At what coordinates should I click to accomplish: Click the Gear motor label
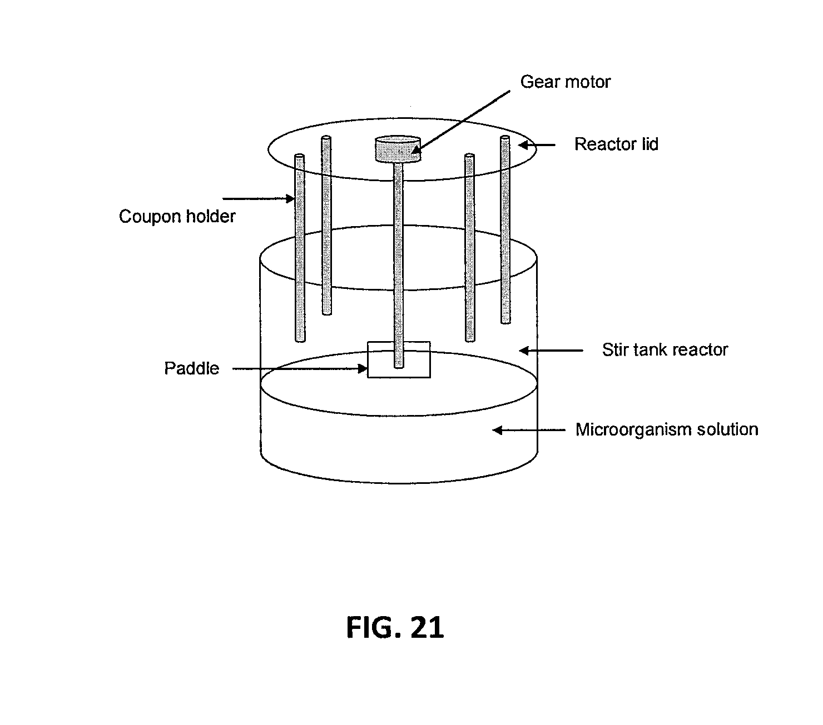tap(565, 82)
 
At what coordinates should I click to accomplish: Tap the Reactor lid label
tap(616, 144)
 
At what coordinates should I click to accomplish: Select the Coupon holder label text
tap(177, 216)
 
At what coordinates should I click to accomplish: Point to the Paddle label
tap(191, 368)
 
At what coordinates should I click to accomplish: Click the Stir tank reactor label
tap(665, 349)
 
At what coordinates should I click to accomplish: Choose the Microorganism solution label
tap(666, 429)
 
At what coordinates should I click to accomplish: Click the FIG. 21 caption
tap(395, 628)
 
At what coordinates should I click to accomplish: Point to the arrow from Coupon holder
tap(259, 198)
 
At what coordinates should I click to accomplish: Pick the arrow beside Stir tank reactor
tap(551, 350)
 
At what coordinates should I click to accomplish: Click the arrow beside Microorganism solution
tap(528, 430)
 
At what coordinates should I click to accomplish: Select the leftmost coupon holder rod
tap(300, 247)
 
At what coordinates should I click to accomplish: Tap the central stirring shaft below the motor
tap(398, 261)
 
